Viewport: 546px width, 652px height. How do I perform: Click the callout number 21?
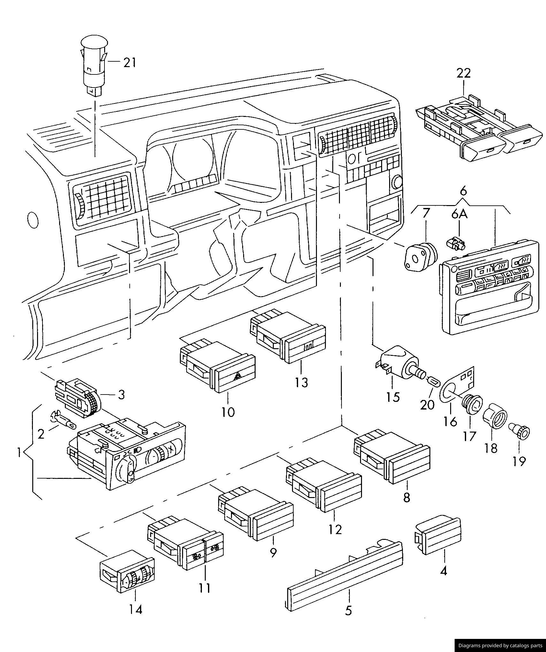130,62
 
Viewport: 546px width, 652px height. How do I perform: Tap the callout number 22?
464,73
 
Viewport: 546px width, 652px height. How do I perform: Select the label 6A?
459,214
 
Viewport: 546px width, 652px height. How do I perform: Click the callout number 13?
301,382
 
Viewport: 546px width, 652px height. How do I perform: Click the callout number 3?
121,395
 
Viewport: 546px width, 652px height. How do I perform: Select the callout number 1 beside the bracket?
19,452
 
